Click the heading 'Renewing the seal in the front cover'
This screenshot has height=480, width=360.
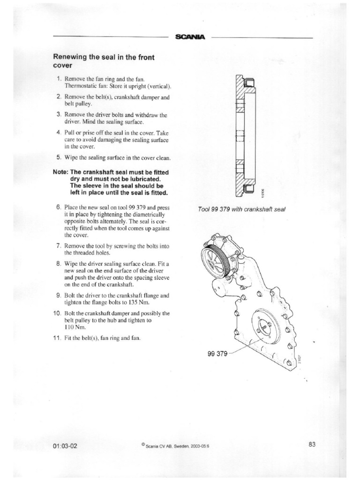click(x=104, y=61)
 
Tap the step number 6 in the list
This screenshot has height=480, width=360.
click(x=59, y=207)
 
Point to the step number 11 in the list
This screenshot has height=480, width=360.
click(x=58, y=338)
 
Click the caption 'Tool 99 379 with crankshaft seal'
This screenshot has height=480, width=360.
click(x=242, y=209)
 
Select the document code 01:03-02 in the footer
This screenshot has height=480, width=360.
click(x=66, y=446)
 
